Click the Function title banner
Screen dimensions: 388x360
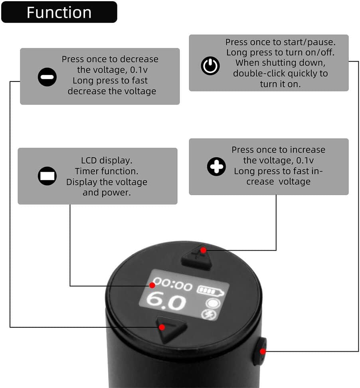pyautogui.click(x=59, y=12)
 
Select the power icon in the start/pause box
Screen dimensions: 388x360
pyautogui.click(x=210, y=65)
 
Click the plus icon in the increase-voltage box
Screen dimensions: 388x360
pyautogui.click(x=216, y=166)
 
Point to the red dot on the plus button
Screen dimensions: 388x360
pyautogui.click(x=203, y=250)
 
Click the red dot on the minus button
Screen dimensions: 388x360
pyautogui.click(x=162, y=327)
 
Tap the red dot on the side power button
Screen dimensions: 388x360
pyautogui.click(x=263, y=351)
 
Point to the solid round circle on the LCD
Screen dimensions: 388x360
pyautogui.click(x=212, y=303)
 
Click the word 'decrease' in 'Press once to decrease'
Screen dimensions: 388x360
pyautogui.click(x=140, y=59)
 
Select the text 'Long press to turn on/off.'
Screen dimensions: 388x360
pyautogui.click(x=280, y=52)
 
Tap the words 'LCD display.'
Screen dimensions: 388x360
pyautogui.click(x=106, y=160)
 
